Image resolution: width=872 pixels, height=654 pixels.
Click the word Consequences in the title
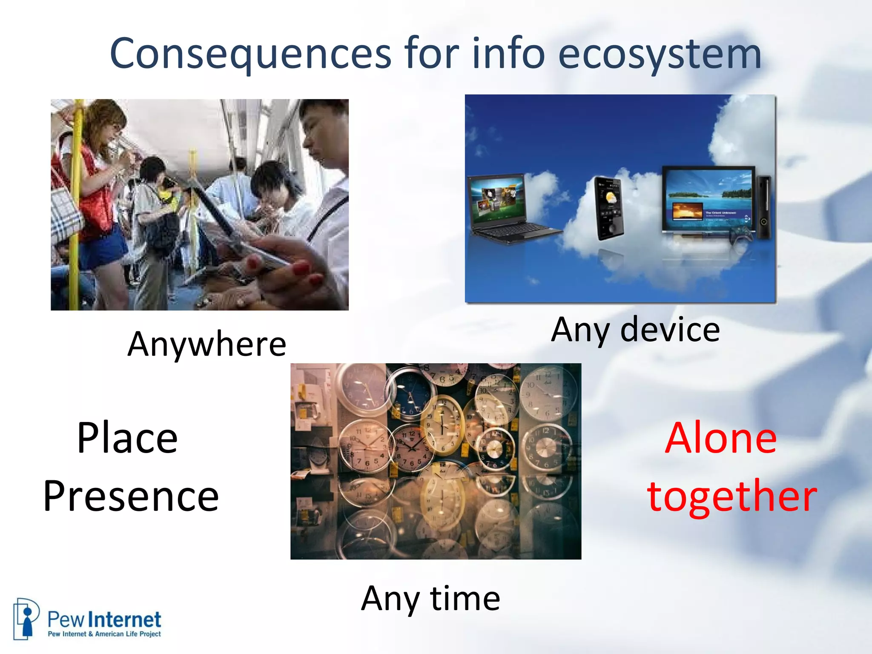[250, 54]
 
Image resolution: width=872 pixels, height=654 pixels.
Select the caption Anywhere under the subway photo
[207, 344]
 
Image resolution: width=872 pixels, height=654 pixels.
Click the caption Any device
[635, 330]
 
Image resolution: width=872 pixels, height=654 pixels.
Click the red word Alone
[721, 438]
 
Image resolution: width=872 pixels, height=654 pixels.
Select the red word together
[731, 496]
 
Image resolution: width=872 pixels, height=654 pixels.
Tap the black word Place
[127, 438]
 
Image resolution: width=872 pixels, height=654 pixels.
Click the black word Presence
[131, 496]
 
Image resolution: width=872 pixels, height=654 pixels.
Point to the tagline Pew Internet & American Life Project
[104, 634]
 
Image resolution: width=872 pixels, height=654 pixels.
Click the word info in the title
[508, 54]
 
